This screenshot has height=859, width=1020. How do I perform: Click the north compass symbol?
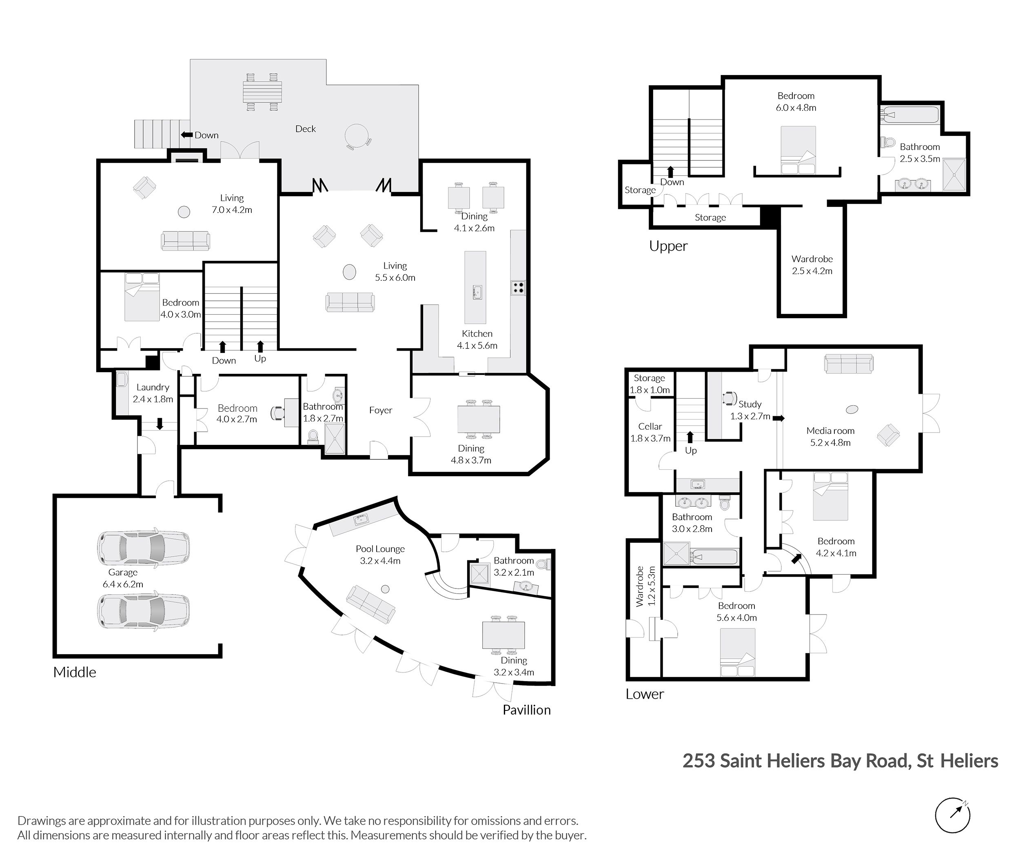pyautogui.click(x=952, y=815)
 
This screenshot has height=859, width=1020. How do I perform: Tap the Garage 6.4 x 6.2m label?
pyautogui.click(x=123, y=578)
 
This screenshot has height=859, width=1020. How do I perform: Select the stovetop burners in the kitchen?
pyautogui.click(x=517, y=287)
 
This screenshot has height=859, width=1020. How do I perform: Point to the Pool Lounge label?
pyautogui.click(x=380, y=549)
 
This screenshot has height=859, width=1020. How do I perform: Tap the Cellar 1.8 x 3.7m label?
pyautogui.click(x=650, y=432)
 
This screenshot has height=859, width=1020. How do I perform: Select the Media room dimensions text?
pyautogui.click(x=831, y=443)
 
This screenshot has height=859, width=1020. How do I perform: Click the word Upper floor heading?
pyautogui.click(x=668, y=246)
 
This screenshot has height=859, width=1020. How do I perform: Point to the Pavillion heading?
pyautogui.click(x=526, y=710)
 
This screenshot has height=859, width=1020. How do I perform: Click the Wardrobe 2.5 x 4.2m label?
pyautogui.click(x=812, y=265)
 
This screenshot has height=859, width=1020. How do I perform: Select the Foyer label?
pyautogui.click(x=380, y=410)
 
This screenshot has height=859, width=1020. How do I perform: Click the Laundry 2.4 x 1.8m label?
pyautogui.click(x=153, y=393)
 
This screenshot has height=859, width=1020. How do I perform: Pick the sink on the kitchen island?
pyautogui.click(x=477, y=293)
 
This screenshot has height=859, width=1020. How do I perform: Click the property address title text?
pyautogui.click(x=840, y=761)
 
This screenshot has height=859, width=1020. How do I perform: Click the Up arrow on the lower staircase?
pyautogui.click(x=690, y=437)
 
